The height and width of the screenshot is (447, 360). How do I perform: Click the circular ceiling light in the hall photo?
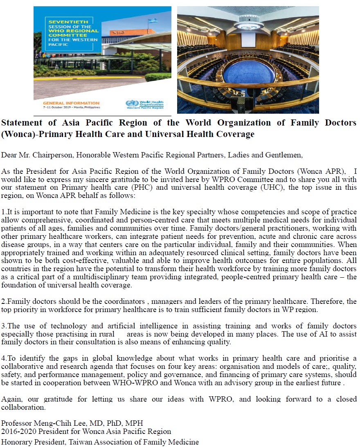[x=248, y=26]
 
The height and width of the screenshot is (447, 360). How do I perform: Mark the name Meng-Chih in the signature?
[x=48, y=423]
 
